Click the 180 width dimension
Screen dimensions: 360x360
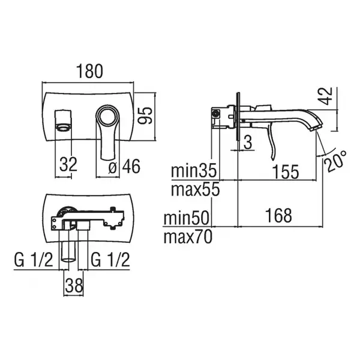89,71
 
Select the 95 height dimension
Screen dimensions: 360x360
145,115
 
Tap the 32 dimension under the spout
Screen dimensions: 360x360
68,164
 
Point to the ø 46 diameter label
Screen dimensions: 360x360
124,166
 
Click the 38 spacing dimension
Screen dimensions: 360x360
74,285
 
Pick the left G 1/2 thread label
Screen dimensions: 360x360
34,260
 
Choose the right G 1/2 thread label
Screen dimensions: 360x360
110,260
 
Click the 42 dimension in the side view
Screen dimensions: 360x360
326,96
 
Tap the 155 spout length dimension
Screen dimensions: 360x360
286,172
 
